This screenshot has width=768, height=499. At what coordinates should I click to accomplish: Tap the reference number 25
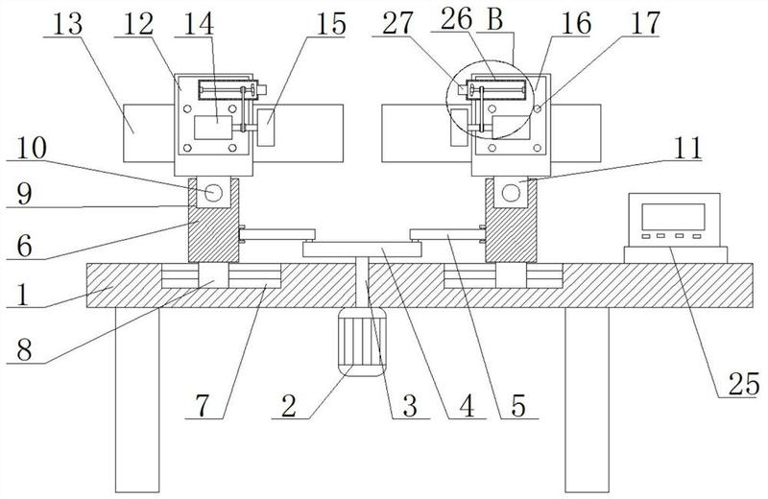744,384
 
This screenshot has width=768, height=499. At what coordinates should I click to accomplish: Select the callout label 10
31,148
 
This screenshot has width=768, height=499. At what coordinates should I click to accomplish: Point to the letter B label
495,20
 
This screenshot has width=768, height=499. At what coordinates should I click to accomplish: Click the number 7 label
203,406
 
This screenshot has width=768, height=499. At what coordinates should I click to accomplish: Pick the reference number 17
645,23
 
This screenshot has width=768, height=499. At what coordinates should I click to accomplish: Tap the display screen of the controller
673,217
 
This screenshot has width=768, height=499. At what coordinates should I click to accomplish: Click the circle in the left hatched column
213,192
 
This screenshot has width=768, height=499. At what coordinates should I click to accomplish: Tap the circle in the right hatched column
511,192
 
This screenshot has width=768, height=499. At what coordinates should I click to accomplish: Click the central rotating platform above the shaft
362,249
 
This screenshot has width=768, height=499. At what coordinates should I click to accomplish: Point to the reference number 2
289,406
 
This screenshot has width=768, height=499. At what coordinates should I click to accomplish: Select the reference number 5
517,406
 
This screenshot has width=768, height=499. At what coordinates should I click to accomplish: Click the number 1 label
22,295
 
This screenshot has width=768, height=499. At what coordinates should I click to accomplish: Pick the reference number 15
331,23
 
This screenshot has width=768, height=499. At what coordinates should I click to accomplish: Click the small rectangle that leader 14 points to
213,128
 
